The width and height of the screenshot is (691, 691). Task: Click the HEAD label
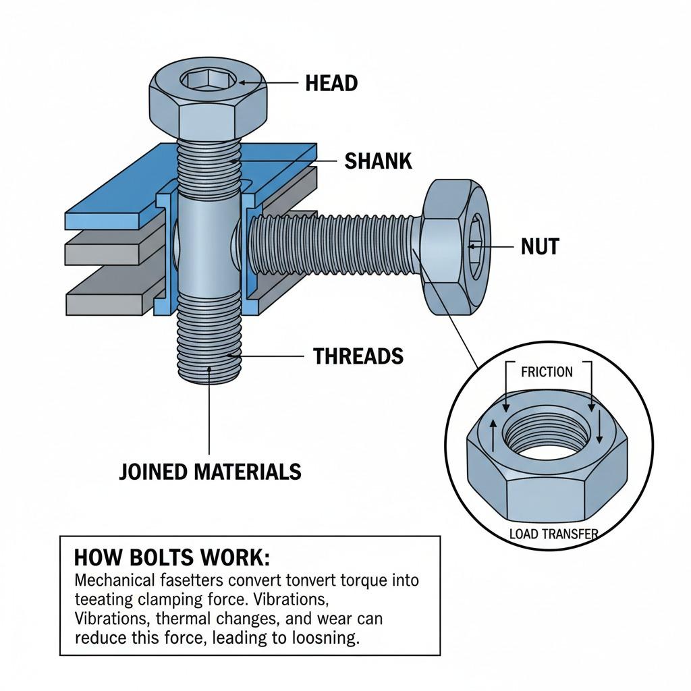pyautogui.click(x=331, y=83)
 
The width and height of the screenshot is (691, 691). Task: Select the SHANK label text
pyautogui.click(x=378, y=161)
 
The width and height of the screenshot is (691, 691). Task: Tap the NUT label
pyautogui.click(x=540, y=247)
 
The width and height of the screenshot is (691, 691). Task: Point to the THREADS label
pyautogui.click(x=358, y=356)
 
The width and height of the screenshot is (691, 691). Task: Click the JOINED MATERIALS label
pyautogui.click(x=210, y=471)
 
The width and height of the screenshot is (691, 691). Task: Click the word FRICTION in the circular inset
pyautogui.click(x=547, y=372)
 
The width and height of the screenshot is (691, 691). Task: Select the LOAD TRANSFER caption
pyautogui.click(x=553, y=534)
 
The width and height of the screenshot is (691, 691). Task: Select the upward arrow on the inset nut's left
pyautogui.click(x=492, y=435)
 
